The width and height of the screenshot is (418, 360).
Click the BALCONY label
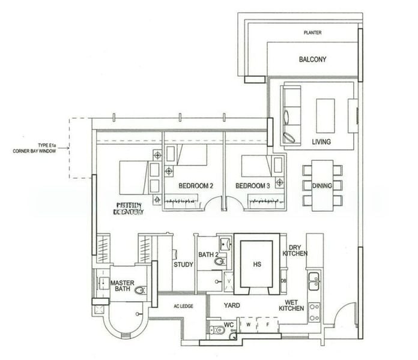pyautogui.click(x=312, y=59)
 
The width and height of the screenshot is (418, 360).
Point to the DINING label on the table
pyautogui.click(x=322, y=185)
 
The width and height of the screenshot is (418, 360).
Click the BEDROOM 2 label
pyautogui.click(x=196, y=186)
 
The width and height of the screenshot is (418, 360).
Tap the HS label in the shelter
pyautogui.click(x=256, y=264)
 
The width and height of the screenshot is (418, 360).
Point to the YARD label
pyautogui.click(x=231, y=305)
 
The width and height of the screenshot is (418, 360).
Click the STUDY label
pyautogui.click(x=183, y=264)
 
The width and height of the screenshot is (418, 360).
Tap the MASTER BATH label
pyautogui.click(x=123, y=286)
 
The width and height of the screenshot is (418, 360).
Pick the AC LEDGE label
pyautogui.click(x=183, y=306)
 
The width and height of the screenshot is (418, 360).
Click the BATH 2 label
pyautogui.click(x=208, y=255)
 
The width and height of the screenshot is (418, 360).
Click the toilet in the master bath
pyautogui.click(x=141, y=290)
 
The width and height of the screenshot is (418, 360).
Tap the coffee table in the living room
pyautogui.click(x=325, y=115)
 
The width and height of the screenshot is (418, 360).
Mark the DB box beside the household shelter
pyautogui.click(x=283, y=280)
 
